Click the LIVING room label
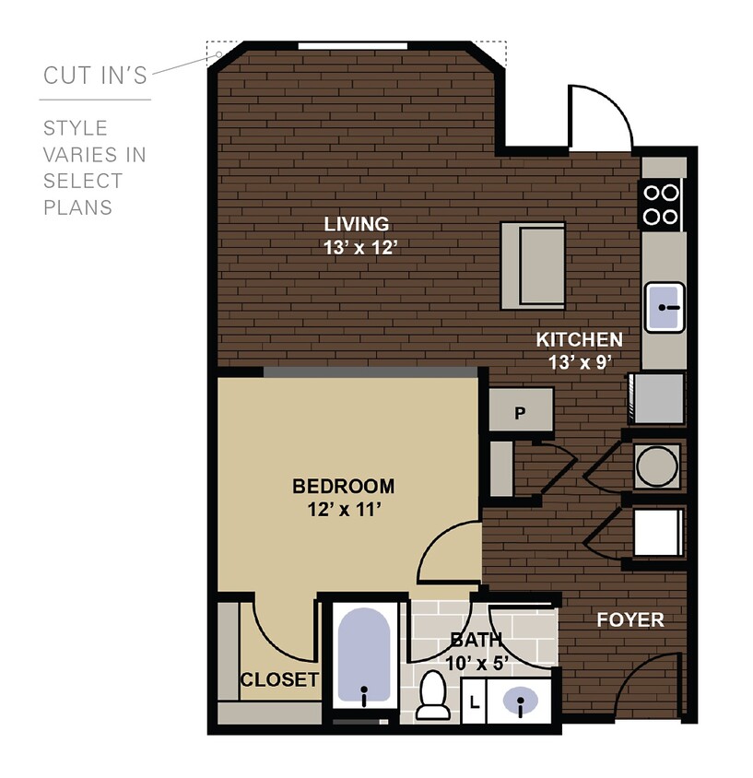coord(356,224)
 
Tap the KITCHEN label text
coord(579,339)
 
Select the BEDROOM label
coord(343,486)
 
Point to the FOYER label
coord(630,619)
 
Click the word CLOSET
coord(279,680)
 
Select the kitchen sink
coord(664,307)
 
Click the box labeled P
coord(520,412)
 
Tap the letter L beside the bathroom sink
coord(475,701)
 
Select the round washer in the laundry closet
coord(657,466)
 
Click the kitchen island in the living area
coord(533,265)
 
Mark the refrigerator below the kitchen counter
coord(657,399)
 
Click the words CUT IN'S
coord(94,76)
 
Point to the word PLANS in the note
coord(77,207)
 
